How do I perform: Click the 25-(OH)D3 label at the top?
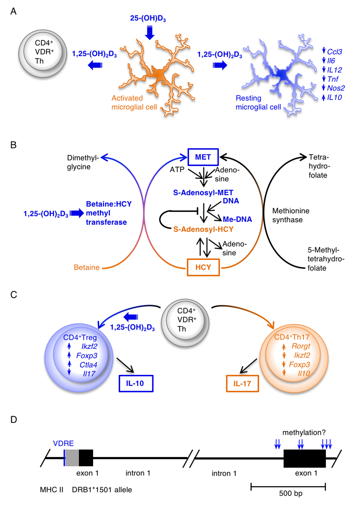coord(149,18)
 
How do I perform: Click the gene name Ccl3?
coord(336,51)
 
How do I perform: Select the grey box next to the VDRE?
coord(72,458)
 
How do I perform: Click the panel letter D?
coord(14,420)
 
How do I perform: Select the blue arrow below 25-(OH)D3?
coord(149,32)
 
